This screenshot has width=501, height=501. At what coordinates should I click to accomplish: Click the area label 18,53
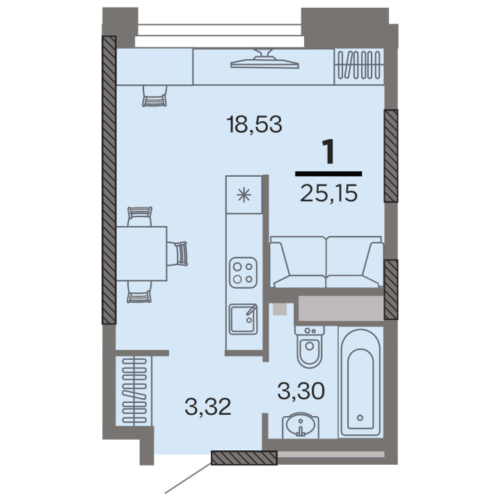point(255,125)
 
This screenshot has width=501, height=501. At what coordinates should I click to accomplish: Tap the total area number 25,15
point(328,193)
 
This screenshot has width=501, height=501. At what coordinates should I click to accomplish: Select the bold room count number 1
point(328,152)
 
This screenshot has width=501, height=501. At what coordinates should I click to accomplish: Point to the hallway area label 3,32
point(208,407)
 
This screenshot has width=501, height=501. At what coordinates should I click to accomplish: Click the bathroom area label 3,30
point(301,391)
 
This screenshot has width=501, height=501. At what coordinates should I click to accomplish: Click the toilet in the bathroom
point(309,347)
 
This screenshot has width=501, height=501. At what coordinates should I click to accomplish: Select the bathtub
point(360,382)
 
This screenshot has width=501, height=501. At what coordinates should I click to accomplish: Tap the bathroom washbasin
point(301,426)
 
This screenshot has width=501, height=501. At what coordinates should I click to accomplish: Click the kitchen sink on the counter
point(243,319)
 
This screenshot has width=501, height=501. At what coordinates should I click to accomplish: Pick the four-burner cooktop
point(243,273)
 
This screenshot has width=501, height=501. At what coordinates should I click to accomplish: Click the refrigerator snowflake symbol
point(244,195)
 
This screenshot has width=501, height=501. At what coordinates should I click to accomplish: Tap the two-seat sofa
point(326,262)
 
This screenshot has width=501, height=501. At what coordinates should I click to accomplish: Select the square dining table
point(141,253)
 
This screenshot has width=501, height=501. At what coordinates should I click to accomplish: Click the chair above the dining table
point(140,216)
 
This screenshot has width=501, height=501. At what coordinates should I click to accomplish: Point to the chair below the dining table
point(139,292)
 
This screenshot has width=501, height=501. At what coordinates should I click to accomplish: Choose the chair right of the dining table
point(177,254)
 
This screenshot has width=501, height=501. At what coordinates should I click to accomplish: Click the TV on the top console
point(264,59)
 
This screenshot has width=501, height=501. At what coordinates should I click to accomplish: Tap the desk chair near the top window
point(154,95)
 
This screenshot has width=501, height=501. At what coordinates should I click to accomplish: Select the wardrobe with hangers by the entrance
point(134,391)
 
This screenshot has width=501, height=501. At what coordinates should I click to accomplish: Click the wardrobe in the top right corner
point(359,67)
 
